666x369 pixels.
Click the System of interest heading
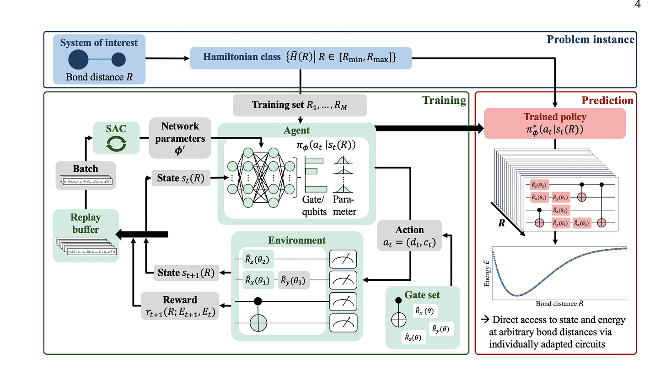[98, 43]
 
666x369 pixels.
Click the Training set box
[300, 105]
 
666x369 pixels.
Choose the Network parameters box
[181, 137]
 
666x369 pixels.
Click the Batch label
[86, 169]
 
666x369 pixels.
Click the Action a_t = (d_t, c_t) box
[409, 235]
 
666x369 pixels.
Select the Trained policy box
[555, 122]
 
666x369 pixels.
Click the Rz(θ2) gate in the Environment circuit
[258, 258]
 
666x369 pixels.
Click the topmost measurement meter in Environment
[343, 258]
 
